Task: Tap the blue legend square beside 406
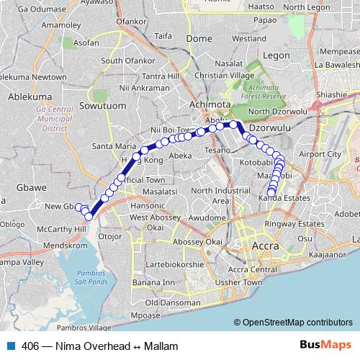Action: (x=10, y=346)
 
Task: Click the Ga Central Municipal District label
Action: (x=50, y=118)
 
